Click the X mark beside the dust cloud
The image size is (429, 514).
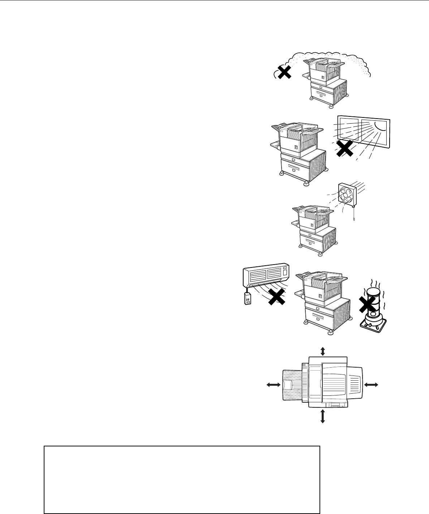coord(284,73)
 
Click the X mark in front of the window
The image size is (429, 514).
coord(345,149)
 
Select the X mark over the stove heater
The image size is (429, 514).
coord(368,306)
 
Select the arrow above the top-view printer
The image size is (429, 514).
coord(323,351)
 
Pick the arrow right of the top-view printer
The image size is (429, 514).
coord(371,385)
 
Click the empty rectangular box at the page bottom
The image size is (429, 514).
coord(182,480)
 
